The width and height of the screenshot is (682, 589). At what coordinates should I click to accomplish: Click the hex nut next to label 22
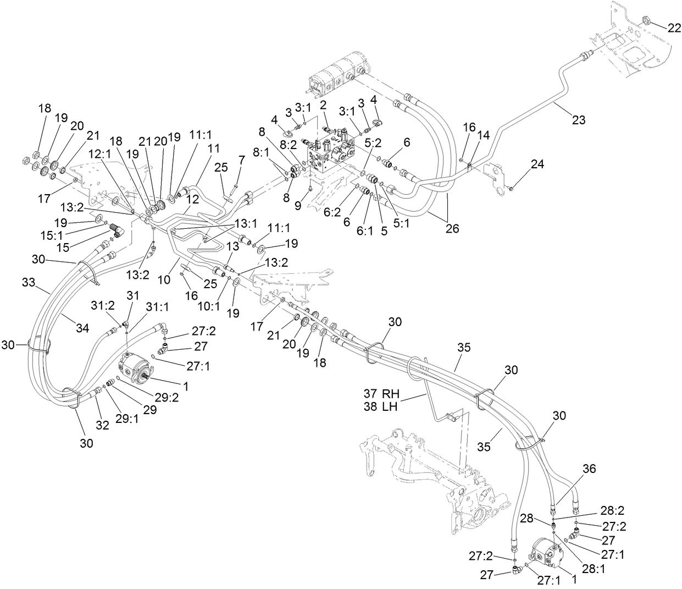647,21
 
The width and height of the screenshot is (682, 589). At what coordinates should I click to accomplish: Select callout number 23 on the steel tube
579,119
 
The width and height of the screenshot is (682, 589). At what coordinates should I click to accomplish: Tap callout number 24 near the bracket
537,164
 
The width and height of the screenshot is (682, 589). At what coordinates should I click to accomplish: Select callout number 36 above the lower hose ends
589,469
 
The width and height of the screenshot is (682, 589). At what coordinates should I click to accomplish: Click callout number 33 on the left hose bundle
29,282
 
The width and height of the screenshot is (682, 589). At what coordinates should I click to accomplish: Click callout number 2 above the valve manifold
324,104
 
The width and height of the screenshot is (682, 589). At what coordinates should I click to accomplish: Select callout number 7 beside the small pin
241,159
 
